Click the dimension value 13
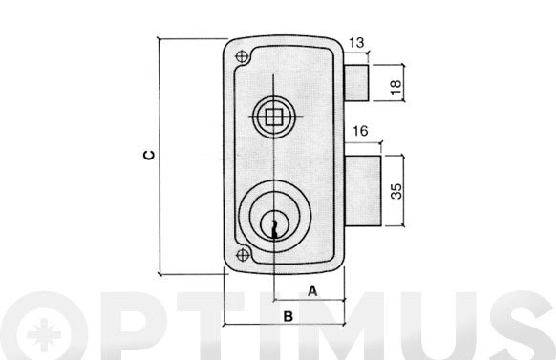[356, 43]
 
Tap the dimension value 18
[396, 87]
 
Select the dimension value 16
[360, 131]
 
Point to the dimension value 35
[396, 191]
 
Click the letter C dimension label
[149, 156]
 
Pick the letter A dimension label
[312, 291]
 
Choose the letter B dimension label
[289, 316]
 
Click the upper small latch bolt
[356, 83]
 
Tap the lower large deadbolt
[363, 191]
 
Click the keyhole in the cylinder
[274, 229]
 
